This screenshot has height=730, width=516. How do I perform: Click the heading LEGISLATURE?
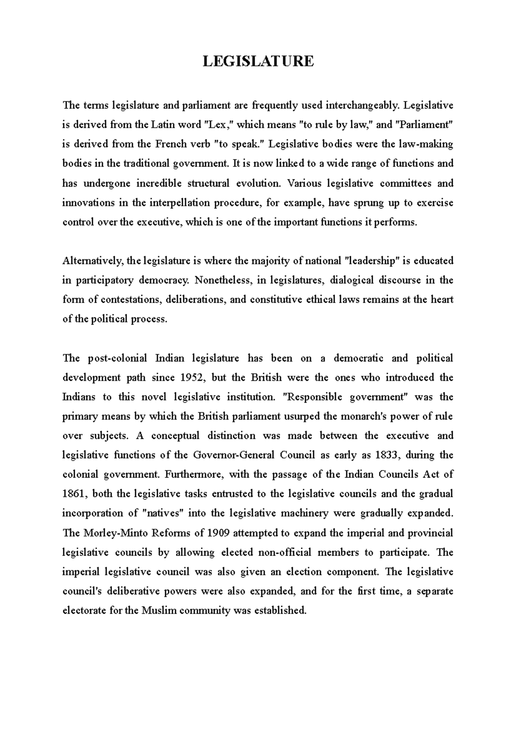258,61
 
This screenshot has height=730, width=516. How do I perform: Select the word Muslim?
159,610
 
